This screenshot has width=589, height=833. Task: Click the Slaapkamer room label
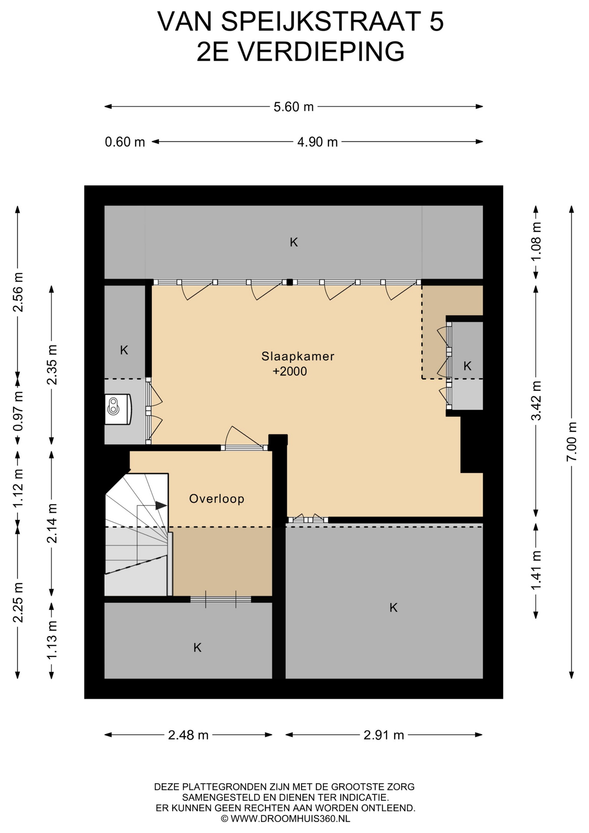coord(298,356)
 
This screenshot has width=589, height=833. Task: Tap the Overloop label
coord(216,499)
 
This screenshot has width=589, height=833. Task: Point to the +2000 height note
coord(289,371)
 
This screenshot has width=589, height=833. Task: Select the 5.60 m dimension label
coord(293,107)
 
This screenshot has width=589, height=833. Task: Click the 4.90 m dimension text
coord(317,142)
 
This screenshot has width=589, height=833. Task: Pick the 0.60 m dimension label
coord(125,142)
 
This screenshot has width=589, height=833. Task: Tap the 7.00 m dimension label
coord(572,442)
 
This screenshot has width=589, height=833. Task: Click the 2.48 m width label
coord(188,735)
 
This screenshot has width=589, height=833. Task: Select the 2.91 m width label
coord(384,735)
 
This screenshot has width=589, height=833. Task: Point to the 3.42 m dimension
coord(536,400)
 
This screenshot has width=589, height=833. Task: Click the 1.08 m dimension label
coord(536,241)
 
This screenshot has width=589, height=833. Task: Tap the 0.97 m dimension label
coord(18,411)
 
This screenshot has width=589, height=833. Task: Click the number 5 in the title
coord(437,21)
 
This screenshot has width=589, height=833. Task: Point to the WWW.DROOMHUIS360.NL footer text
coord(290,819)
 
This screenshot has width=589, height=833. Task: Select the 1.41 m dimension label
coord(536,570)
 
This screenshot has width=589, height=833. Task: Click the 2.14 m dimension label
coord(52,523)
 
